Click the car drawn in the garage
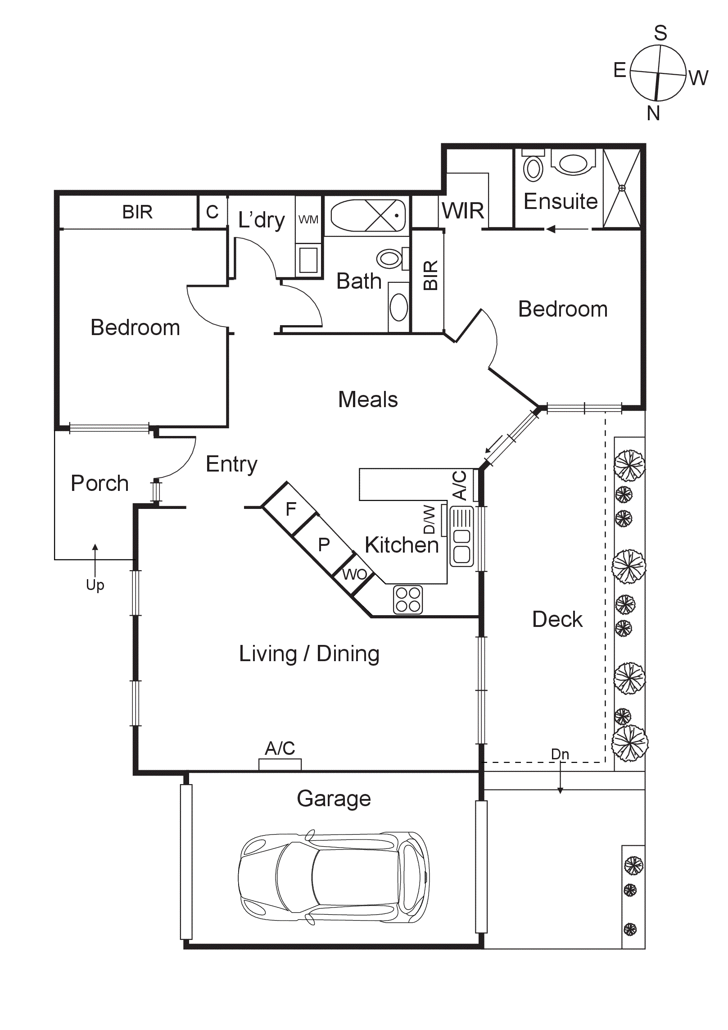tap(333, 878)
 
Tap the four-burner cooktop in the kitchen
tap(408, 599)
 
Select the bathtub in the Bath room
tap(368, 215)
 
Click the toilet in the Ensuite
tap(534, 167)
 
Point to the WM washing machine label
tap(308, 220)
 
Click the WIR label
tap(463, 211)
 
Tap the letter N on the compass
tap(653, 113)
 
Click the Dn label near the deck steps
tap(560, 754)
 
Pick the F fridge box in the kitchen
tap(290, 509)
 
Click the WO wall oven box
tap(354, 574)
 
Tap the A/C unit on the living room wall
tap(280, 764)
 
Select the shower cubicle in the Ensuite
tap(621, 188)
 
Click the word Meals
tap(368, 399)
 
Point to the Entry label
tap(231, 464)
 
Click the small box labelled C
tap(212, 212)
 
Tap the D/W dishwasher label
tap(430, 519)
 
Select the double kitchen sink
tap(461, 536)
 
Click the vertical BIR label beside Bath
tap(430, 275)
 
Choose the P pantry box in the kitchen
tap(324, 545)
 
